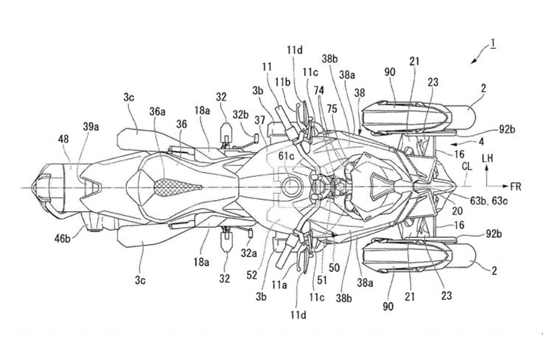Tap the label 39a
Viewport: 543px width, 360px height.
[90, 126]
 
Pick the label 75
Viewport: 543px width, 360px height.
[332, 107]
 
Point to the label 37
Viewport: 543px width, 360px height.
[260, 120]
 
